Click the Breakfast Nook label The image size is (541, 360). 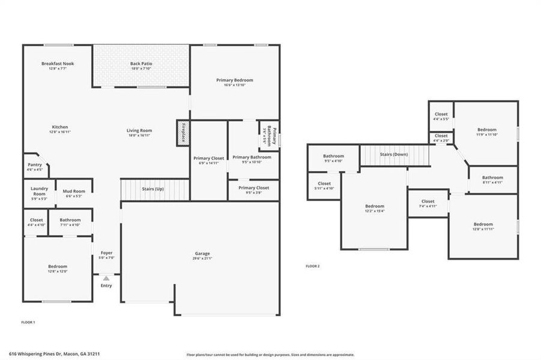(x=58, y=64)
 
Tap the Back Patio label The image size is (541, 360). (x=142, y=64)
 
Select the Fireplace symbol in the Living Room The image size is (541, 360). (x=183, y=132)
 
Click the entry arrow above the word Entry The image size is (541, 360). (x=106, y=278)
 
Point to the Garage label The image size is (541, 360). (x=202, y=253)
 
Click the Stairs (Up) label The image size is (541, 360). (x=153, y=189)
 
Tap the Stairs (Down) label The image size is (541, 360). (x=393, y=154)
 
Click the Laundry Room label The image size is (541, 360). (x=39, y=191)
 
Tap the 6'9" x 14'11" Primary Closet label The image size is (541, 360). (x=208, y=160)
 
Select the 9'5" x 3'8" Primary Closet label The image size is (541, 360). (x=253, y=190)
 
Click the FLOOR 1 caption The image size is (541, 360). (x=28, y=323)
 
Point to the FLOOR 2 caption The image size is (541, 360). (x=312, y=266)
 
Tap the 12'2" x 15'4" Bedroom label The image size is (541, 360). (x=375, y=208)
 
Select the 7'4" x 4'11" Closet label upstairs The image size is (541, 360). (x=428, y=203)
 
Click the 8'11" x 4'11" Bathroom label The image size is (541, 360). (x=492, y=179)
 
